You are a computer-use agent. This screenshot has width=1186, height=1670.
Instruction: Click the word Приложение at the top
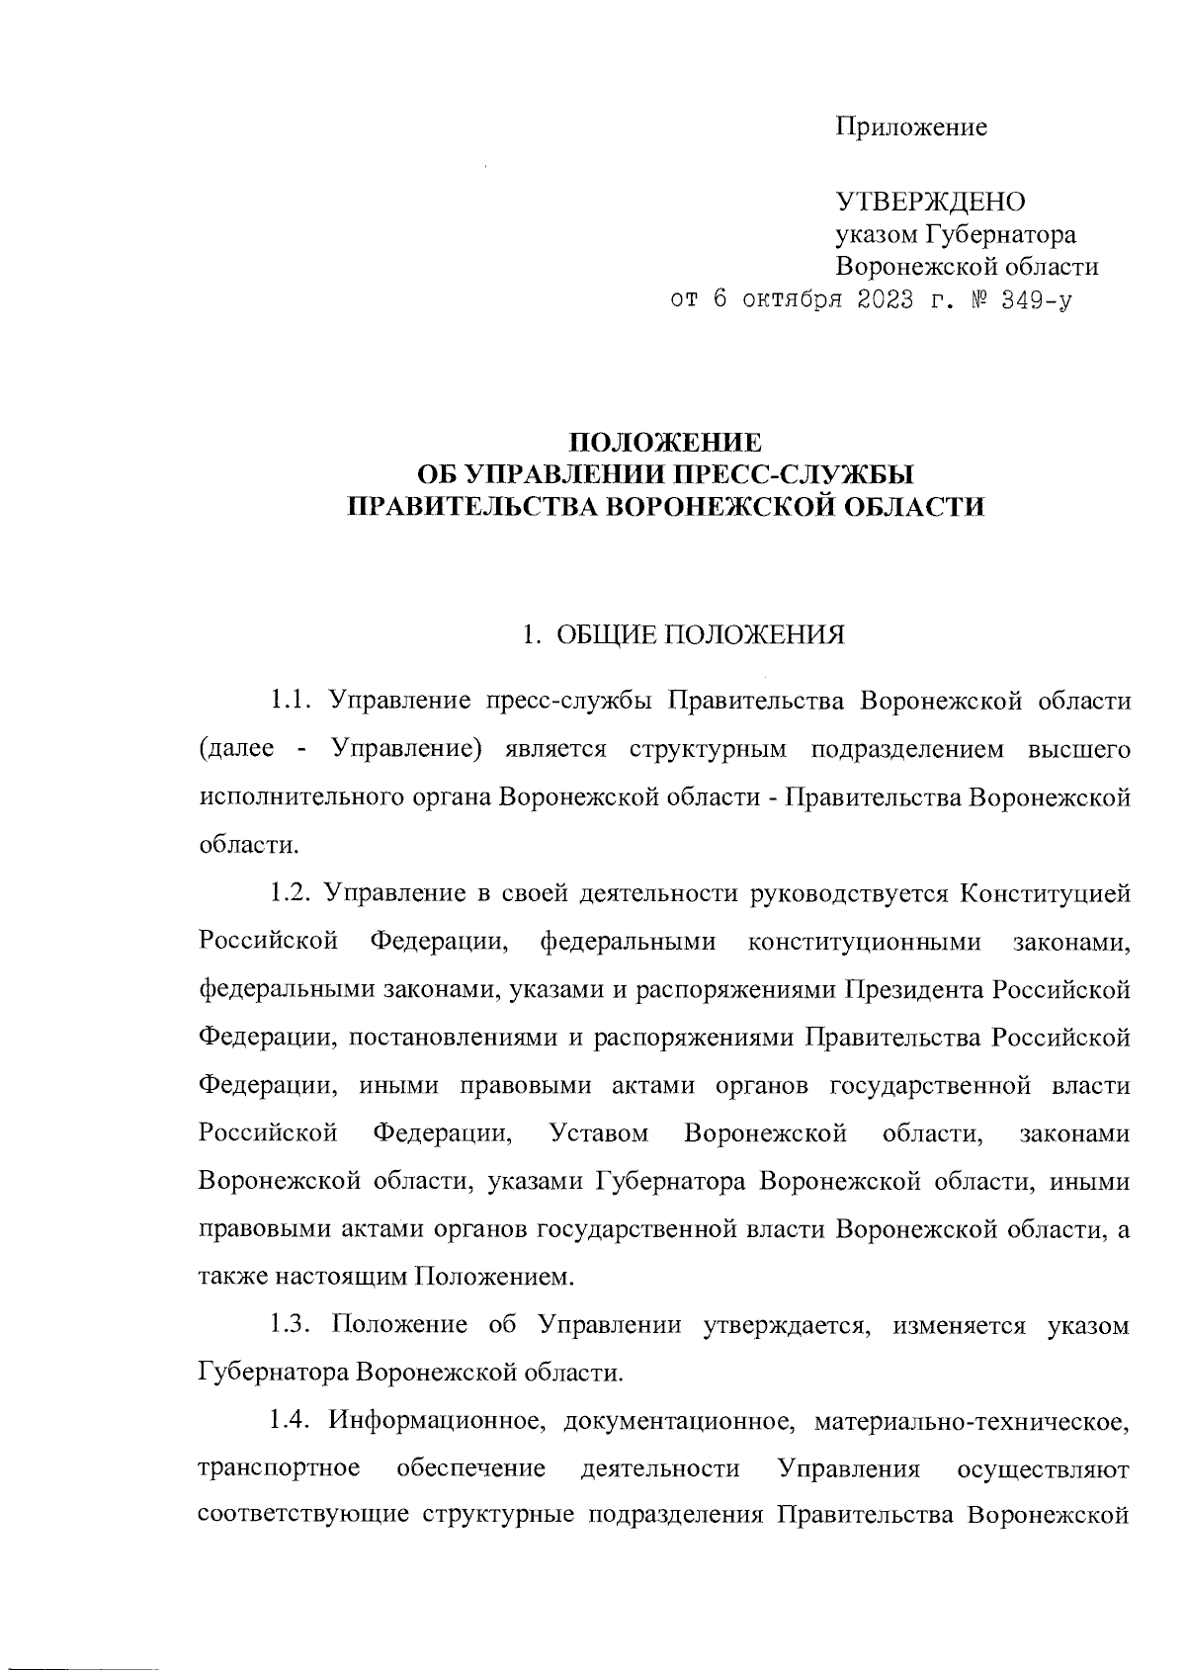(x=911, y=127)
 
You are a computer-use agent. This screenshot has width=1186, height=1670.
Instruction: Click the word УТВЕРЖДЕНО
(x=932, y=202)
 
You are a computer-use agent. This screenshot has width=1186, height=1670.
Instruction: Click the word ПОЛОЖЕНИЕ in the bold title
(x=669, y=441)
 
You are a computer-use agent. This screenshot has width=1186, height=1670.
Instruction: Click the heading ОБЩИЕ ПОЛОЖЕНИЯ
(x=701, y=633)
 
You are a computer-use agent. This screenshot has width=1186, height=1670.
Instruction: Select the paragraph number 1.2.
(x=293, y=894)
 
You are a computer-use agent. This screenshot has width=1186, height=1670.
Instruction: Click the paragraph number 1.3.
(x=293, y=1325)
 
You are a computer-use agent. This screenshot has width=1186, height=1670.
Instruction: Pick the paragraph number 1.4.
(x=293, y=1422)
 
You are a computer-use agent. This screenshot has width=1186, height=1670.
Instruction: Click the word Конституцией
(x=1046, y=894)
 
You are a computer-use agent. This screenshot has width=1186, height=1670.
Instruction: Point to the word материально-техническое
(x=973, y=1422)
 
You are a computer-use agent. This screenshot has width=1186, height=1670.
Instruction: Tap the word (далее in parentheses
(x=237, y=749)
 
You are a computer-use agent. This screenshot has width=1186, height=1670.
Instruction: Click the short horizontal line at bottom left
(x=79, y=1642)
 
